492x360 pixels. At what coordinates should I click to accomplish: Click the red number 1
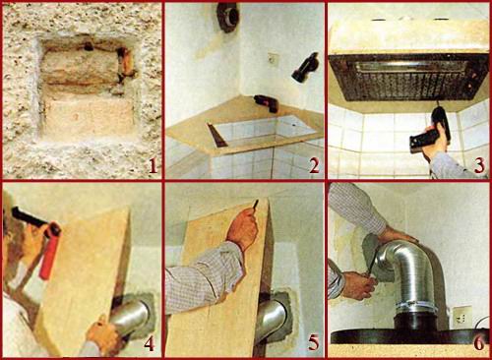(x=153, y=167)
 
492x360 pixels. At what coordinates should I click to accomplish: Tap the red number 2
(x=314, y=166)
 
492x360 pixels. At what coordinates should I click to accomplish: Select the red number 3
(x=479, y=166)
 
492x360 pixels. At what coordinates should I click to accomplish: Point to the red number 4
(x=150, y=344)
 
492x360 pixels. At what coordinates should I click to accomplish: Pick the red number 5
(x=314, y=344)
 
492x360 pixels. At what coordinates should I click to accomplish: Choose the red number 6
(x=479, y=343)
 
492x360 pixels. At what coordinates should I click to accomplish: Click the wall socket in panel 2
(x=275, y=59)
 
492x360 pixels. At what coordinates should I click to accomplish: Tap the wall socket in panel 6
(x=462, y=317)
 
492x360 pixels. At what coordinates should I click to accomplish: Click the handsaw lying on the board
(x=216, y=134)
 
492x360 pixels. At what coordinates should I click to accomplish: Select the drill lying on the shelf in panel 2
(x=267, y=103)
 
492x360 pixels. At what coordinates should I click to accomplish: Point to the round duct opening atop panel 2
(x=227, y=17)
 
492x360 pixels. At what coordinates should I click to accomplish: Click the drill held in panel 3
(x=431, y=130)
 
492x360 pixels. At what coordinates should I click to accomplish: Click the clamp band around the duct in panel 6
(x=416, y=308)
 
